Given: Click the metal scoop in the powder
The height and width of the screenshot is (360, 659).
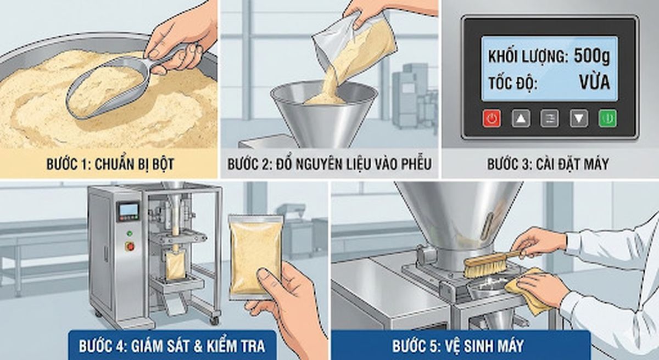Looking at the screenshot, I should tap(104, 88).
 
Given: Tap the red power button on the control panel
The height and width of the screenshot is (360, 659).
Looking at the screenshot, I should tap(492, 119).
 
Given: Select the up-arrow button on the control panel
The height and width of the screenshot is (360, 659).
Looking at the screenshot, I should tap(521, 119).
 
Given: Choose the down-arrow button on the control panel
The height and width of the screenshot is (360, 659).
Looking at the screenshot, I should tap(579, 119).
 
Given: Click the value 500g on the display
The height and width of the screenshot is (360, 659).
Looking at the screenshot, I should tap(591, 56).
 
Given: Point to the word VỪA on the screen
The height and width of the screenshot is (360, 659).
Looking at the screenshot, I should tap(594, 84).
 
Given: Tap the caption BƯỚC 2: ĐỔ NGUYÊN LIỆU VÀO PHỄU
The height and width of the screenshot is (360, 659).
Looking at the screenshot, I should tap(329, 164).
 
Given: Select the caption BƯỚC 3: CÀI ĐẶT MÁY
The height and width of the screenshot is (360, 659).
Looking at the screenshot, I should tap(548, 164).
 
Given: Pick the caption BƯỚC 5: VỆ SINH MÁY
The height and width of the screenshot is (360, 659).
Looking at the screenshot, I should tap(458, 346).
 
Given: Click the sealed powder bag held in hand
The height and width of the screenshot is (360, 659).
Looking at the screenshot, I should tap(256, 255).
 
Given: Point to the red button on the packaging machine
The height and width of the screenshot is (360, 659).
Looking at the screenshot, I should tap(130, 246).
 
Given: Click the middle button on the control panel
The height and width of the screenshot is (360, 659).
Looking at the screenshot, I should tap(550, 119).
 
